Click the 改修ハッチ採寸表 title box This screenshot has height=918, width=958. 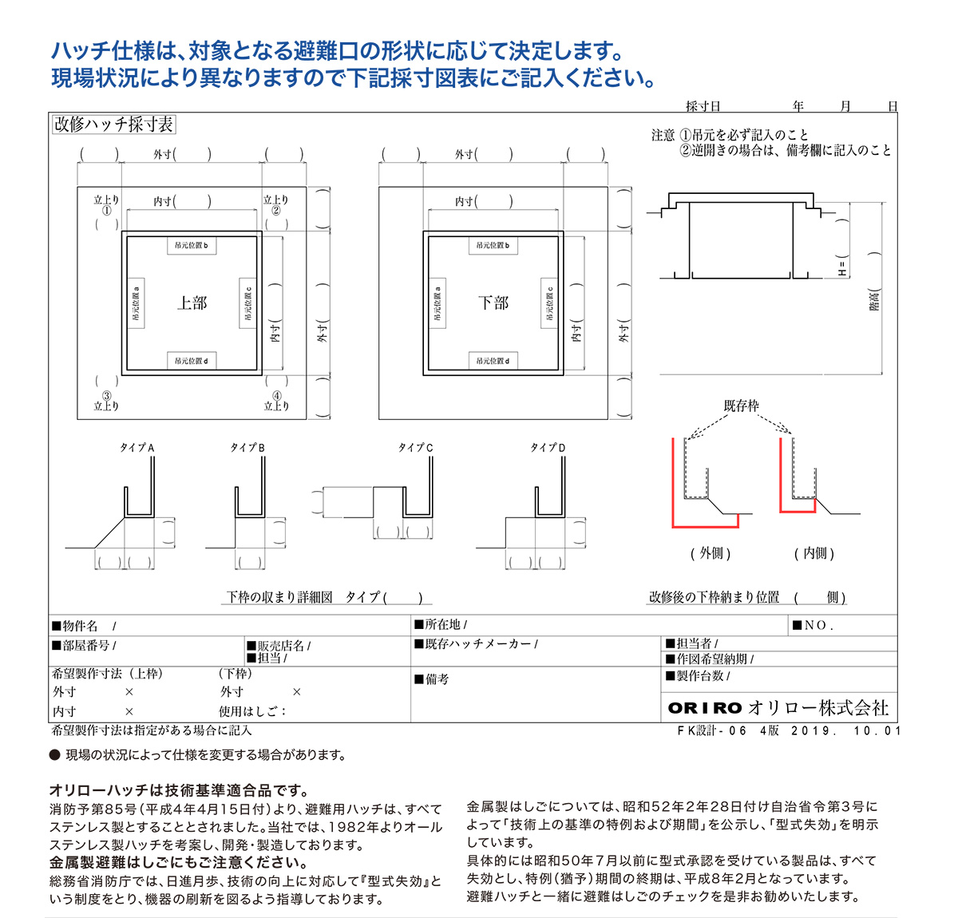(113, 125)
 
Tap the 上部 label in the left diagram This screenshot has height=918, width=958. (192, 303)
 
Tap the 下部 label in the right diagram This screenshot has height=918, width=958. (493, 303)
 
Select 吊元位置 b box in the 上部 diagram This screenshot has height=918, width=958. (192, 245)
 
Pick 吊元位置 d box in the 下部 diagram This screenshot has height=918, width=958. (493, 361)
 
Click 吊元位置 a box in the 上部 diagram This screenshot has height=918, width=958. (136, 303)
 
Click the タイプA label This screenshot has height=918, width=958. (137, 448)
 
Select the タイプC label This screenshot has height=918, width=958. (415, 448)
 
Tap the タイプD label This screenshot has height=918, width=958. (548, 448)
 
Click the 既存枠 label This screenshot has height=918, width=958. (741, 406)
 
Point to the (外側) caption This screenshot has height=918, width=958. (711, 553)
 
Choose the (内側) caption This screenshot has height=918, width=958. (814, 553)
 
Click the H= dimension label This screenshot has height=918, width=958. (842, 267)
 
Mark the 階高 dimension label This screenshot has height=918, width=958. (875, 299)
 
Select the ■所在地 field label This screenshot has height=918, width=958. (441, 624)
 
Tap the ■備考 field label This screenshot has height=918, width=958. (432, 679)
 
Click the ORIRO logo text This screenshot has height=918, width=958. (705, 708)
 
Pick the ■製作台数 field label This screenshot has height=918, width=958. (697, 676)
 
